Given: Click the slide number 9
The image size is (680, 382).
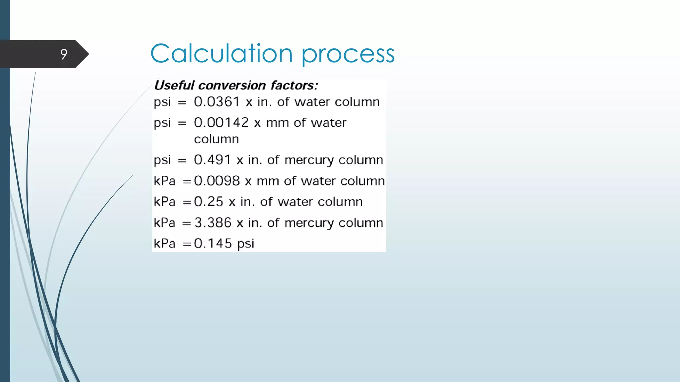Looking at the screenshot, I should [x=64, y=54].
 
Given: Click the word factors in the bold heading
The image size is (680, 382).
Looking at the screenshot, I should [x=294, y=85].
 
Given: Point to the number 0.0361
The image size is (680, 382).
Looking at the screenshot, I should [x=217, y=102].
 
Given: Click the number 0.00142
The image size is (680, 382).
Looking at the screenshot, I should [x=221, y=123].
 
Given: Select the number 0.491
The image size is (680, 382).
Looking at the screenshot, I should [x=212, y=160].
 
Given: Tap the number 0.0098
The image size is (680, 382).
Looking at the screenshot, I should [x=217, y=181].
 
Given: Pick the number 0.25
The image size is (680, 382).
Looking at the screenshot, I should [x=209, y=202].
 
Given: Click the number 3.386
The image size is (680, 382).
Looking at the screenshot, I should [x=213, y=223].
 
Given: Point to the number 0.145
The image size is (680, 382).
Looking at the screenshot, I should [x=213, y=243].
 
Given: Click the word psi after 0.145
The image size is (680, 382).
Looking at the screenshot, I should [x=246, y=244].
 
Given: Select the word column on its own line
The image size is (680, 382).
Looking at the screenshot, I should [x=216, y=139].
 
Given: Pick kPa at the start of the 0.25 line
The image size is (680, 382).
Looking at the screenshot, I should [x=164, y=202].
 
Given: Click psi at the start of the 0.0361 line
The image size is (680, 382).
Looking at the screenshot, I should [x=162, y=102].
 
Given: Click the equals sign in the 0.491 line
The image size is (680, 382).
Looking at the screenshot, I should [x=182, y=160].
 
